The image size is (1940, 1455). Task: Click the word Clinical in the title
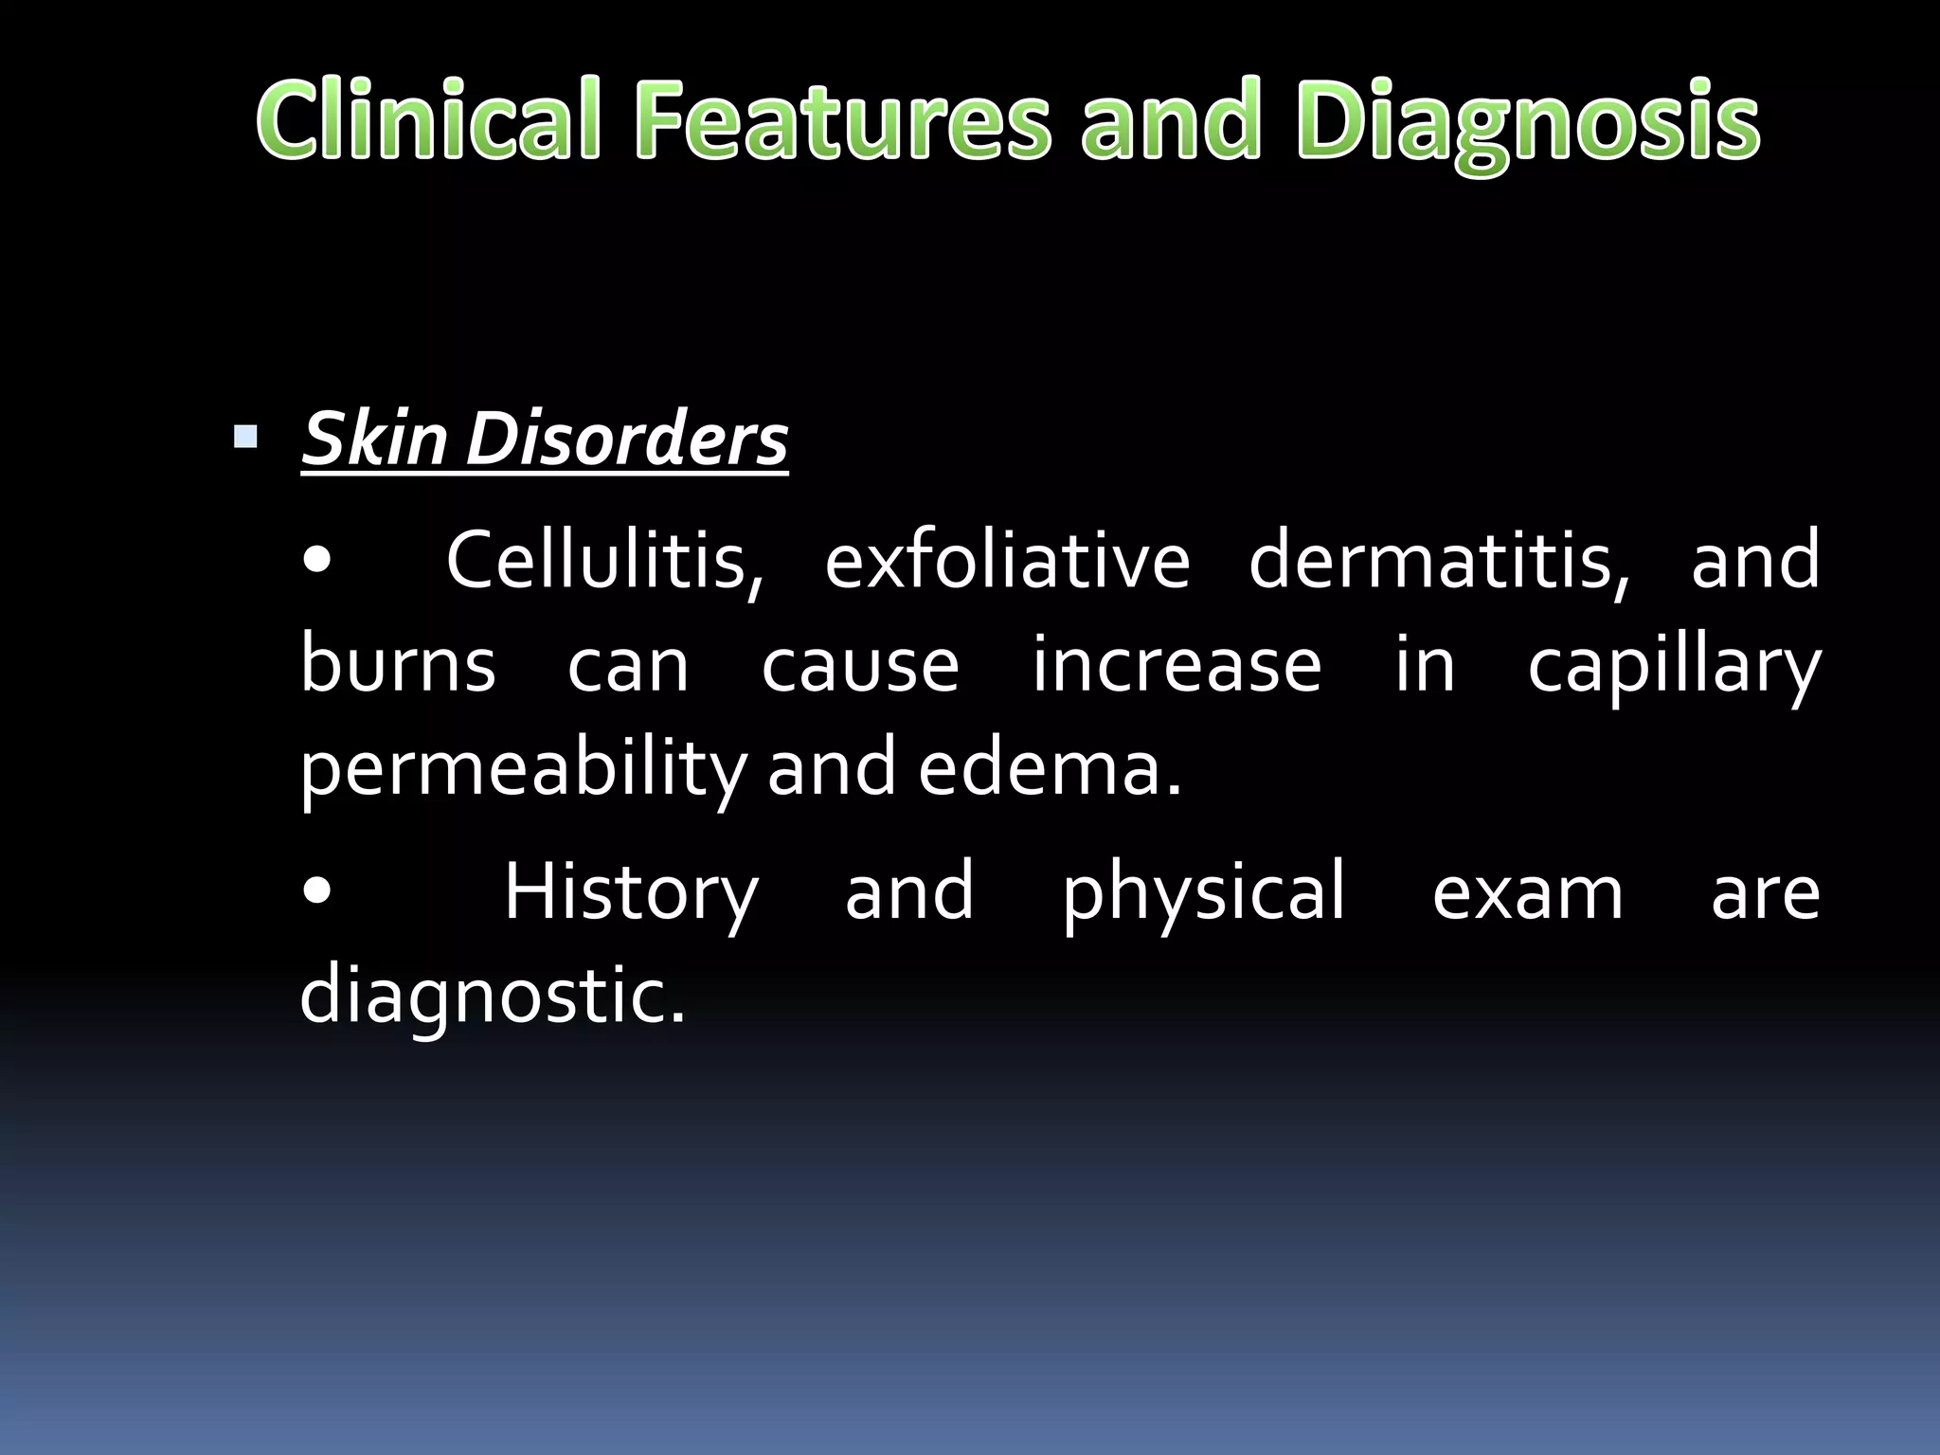(428, 120)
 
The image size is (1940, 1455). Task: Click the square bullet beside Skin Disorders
(245, 437)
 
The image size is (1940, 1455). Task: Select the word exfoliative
(1007, 561)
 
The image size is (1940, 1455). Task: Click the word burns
(398, 664)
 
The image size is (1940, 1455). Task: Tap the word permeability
(524, 769)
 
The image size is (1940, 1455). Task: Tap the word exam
(1527, 893)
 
